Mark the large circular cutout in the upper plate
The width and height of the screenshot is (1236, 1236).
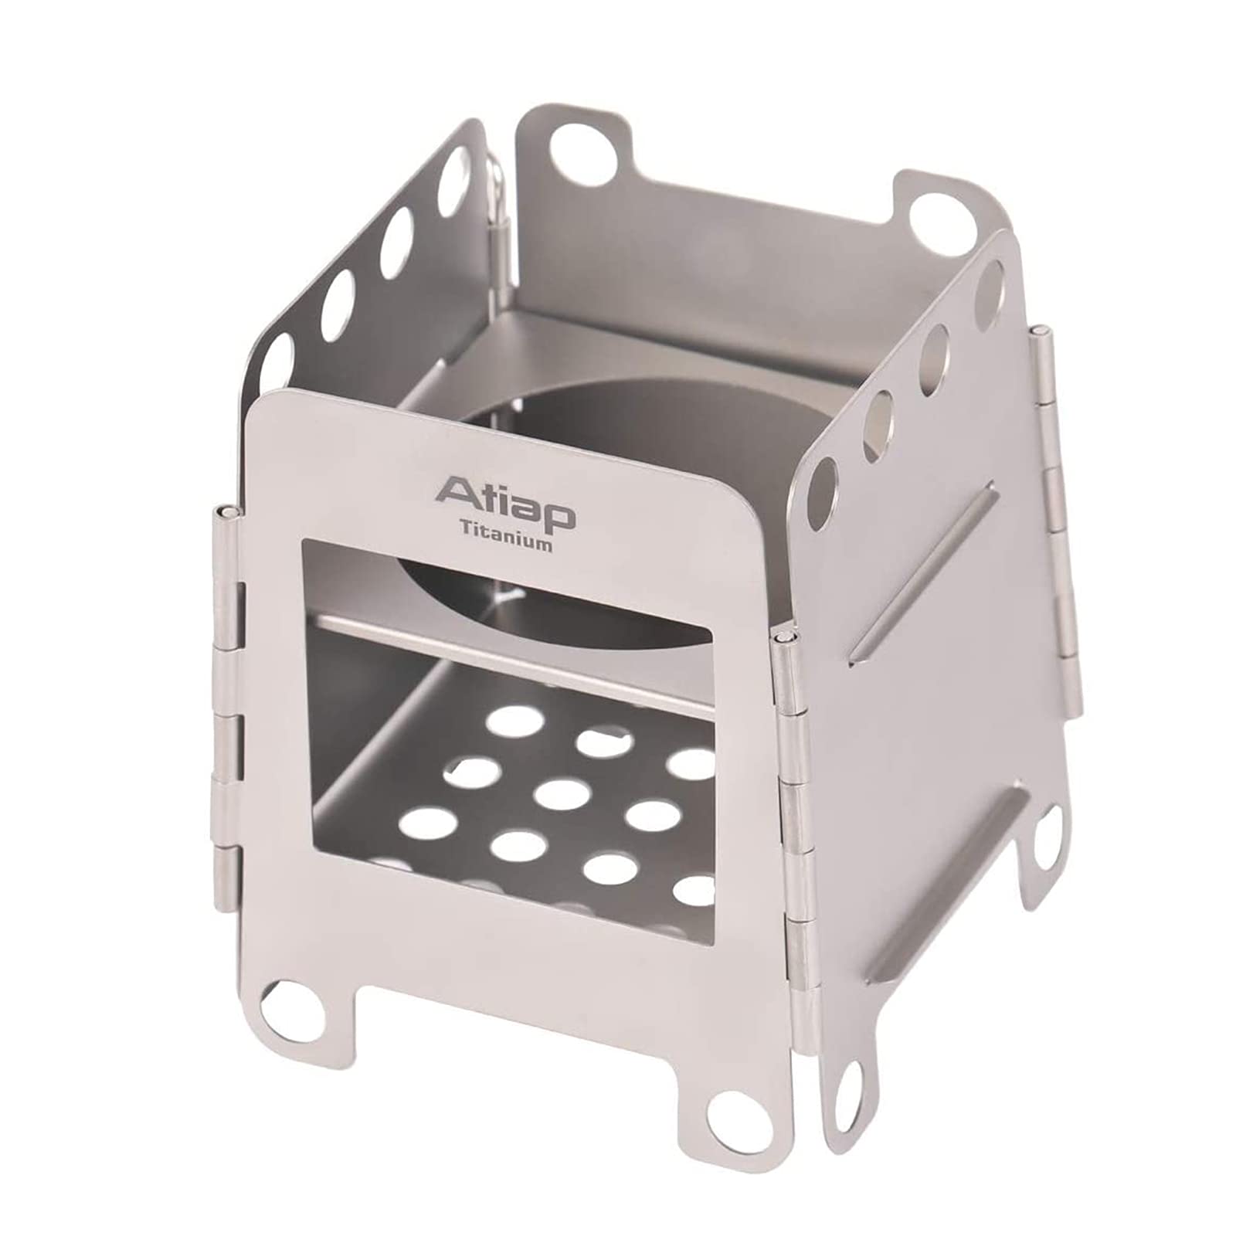(x=610, y=494)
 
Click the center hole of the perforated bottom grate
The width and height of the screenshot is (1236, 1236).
(x=562, y=795)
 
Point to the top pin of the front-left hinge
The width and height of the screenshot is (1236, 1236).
(x=225, y=513)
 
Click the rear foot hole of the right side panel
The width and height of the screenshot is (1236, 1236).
(x=1044, y=847)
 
